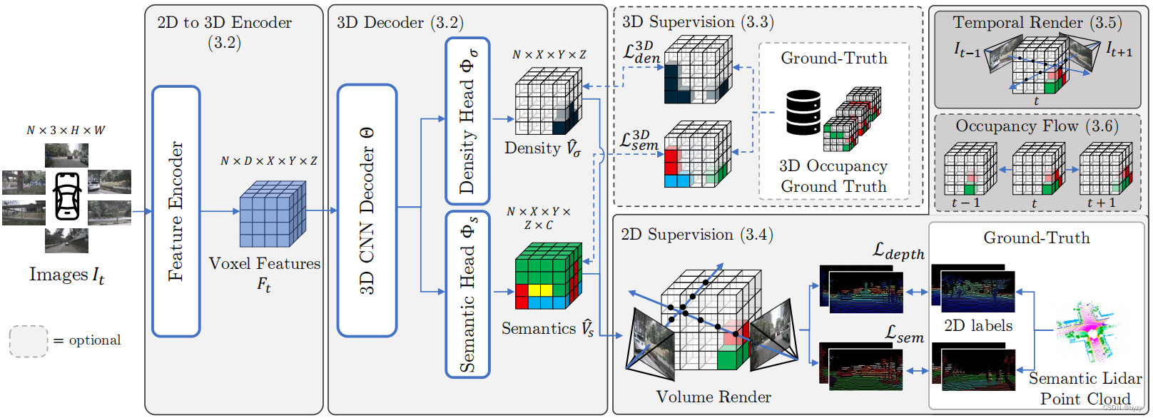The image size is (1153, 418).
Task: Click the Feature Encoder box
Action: point(176,211)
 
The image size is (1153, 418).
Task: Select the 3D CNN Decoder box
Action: point(367,211)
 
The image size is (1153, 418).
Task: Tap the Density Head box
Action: point(467,121)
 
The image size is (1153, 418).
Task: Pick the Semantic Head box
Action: point(467,294)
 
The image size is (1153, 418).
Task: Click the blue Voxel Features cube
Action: point(272,215)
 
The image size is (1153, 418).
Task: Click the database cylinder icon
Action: point(803,112)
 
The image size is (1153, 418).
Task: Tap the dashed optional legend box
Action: point(29,341)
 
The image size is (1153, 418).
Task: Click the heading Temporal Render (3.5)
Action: point(1037,23)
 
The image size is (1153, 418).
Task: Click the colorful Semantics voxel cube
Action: point(548,276)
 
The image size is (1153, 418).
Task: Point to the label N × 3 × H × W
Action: point(66,131)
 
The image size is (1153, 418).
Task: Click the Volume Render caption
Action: point(713,397)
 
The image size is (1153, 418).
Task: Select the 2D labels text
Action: point(978,326)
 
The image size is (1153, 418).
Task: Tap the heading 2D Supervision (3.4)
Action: point(697,235)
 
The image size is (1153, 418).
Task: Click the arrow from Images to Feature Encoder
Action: point(142,211)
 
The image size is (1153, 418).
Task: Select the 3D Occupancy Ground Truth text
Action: point(833,176)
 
